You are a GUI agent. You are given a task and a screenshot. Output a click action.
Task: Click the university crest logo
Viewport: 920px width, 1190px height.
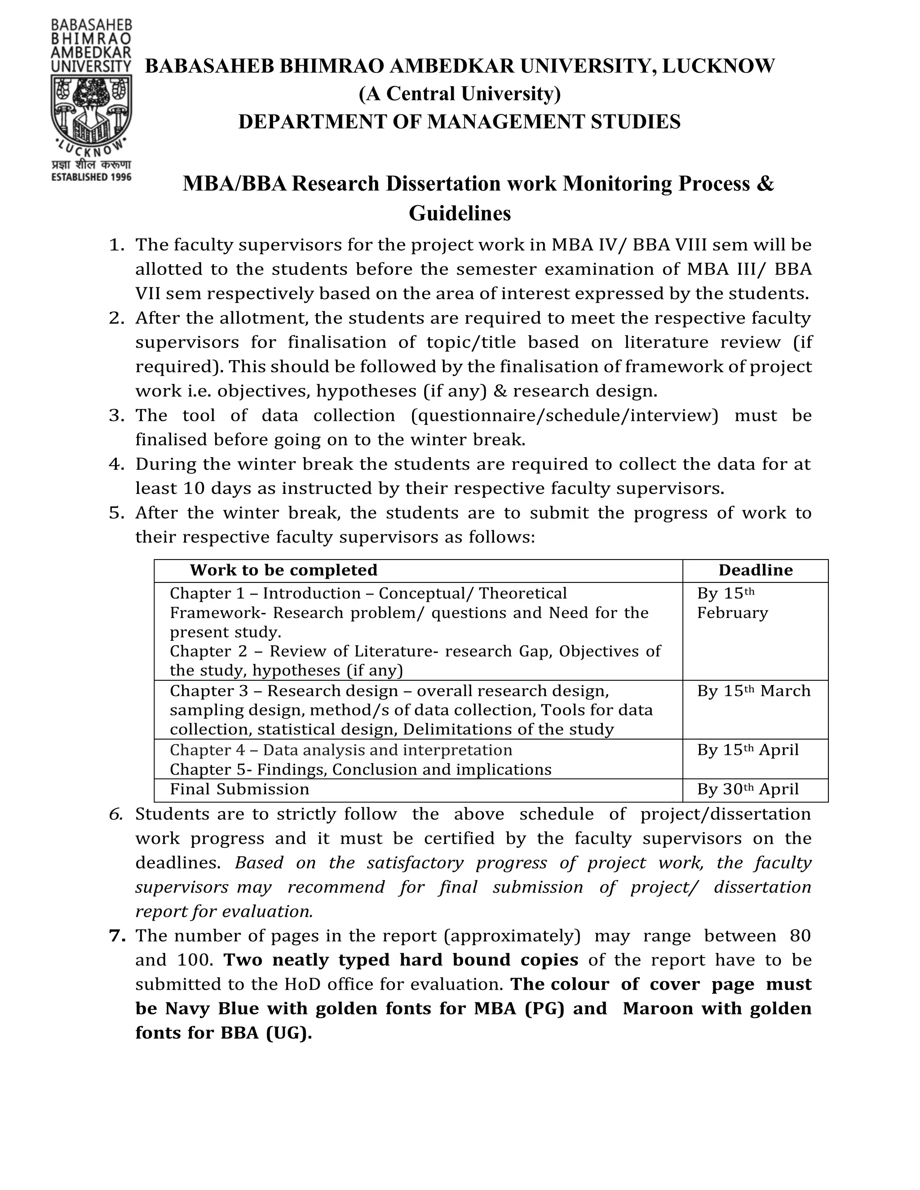pyautogui.click(x=91, y=109)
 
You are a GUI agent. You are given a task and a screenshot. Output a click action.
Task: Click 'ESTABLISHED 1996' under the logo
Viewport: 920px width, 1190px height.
pyautogui.click(x=91, y=177)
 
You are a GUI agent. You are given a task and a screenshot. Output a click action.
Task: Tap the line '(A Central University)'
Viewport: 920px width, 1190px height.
pyautogui.click(x=460, y=94)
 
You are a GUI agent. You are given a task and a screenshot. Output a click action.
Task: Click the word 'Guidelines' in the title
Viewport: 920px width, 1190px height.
pyautogui.click(x=460, y=213)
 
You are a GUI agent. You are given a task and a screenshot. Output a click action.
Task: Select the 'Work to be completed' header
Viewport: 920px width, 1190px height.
pyautogui.click(x=283, y=570)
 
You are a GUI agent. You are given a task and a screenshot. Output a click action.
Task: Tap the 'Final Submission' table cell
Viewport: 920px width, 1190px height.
pyautogui.click(x=239, y=789)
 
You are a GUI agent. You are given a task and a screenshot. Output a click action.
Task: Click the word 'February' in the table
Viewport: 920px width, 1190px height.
pyautogui.click(x=732, y=613)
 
